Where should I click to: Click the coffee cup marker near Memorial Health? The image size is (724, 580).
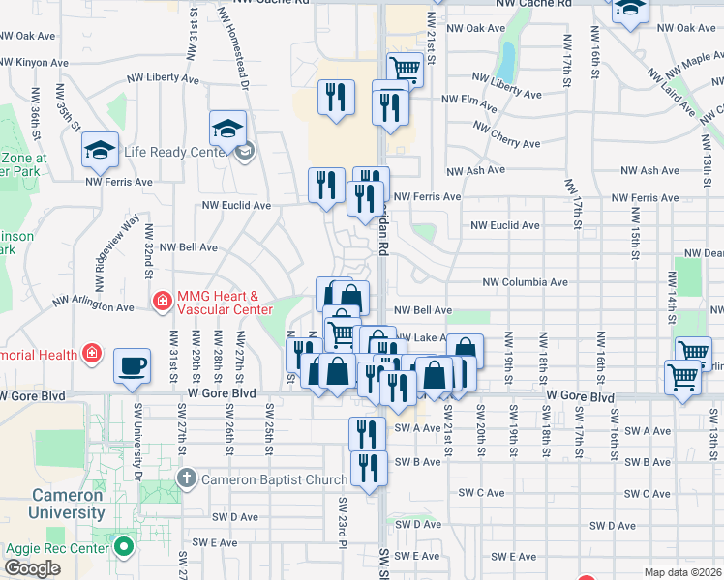tap(132, 366)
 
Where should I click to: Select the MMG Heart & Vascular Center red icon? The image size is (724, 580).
tap(162, 301)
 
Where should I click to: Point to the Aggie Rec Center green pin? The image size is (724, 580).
tap(123, 547)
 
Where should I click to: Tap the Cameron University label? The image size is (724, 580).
tap(67, 504)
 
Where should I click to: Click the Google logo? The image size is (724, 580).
tap(32, 568)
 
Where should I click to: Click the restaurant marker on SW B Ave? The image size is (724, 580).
tap(369, 468)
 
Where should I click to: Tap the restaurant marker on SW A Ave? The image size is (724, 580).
tap(367, 433)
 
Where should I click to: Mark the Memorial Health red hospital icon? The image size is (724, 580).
tap(91, 354)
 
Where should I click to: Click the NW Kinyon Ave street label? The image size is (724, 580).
tap(34, 62)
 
